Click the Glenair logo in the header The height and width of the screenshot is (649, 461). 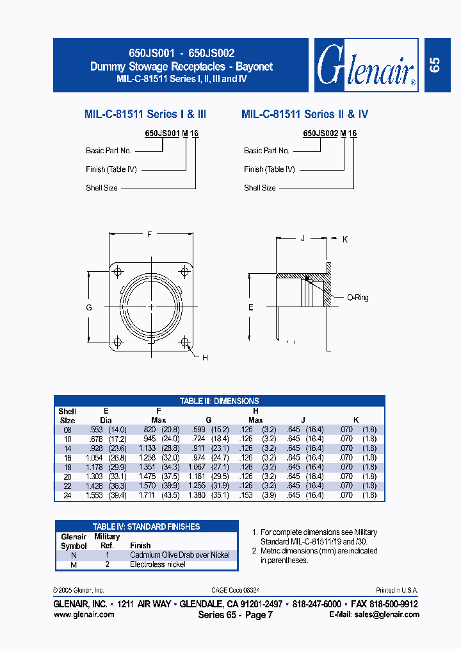366,66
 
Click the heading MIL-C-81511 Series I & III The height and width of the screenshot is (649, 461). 145,114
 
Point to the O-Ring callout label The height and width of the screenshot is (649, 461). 357,298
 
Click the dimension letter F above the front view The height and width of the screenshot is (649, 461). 150,235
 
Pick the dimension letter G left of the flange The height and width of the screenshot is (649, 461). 89,308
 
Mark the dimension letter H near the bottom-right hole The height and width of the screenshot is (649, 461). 205,357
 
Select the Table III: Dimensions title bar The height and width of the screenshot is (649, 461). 220,401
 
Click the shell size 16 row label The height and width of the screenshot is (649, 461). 67,458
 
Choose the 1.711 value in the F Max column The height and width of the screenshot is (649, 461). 146,496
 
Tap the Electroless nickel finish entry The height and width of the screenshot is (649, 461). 158,564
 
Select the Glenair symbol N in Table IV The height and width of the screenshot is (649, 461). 74,555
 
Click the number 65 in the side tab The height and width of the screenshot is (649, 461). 435,65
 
